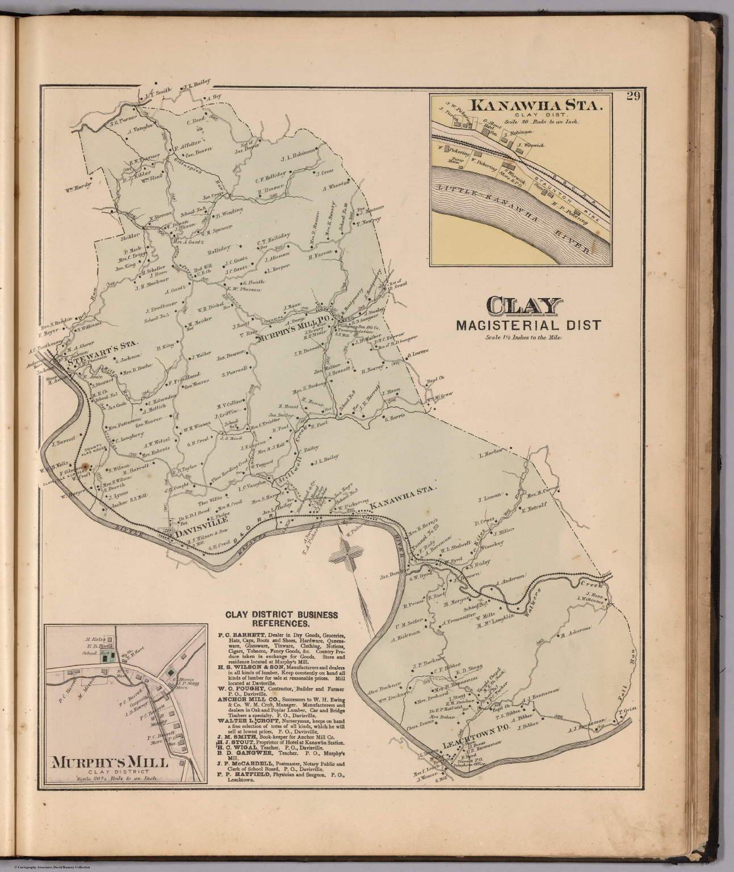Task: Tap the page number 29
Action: pos(634,96)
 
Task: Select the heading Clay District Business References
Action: pos(282,619)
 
